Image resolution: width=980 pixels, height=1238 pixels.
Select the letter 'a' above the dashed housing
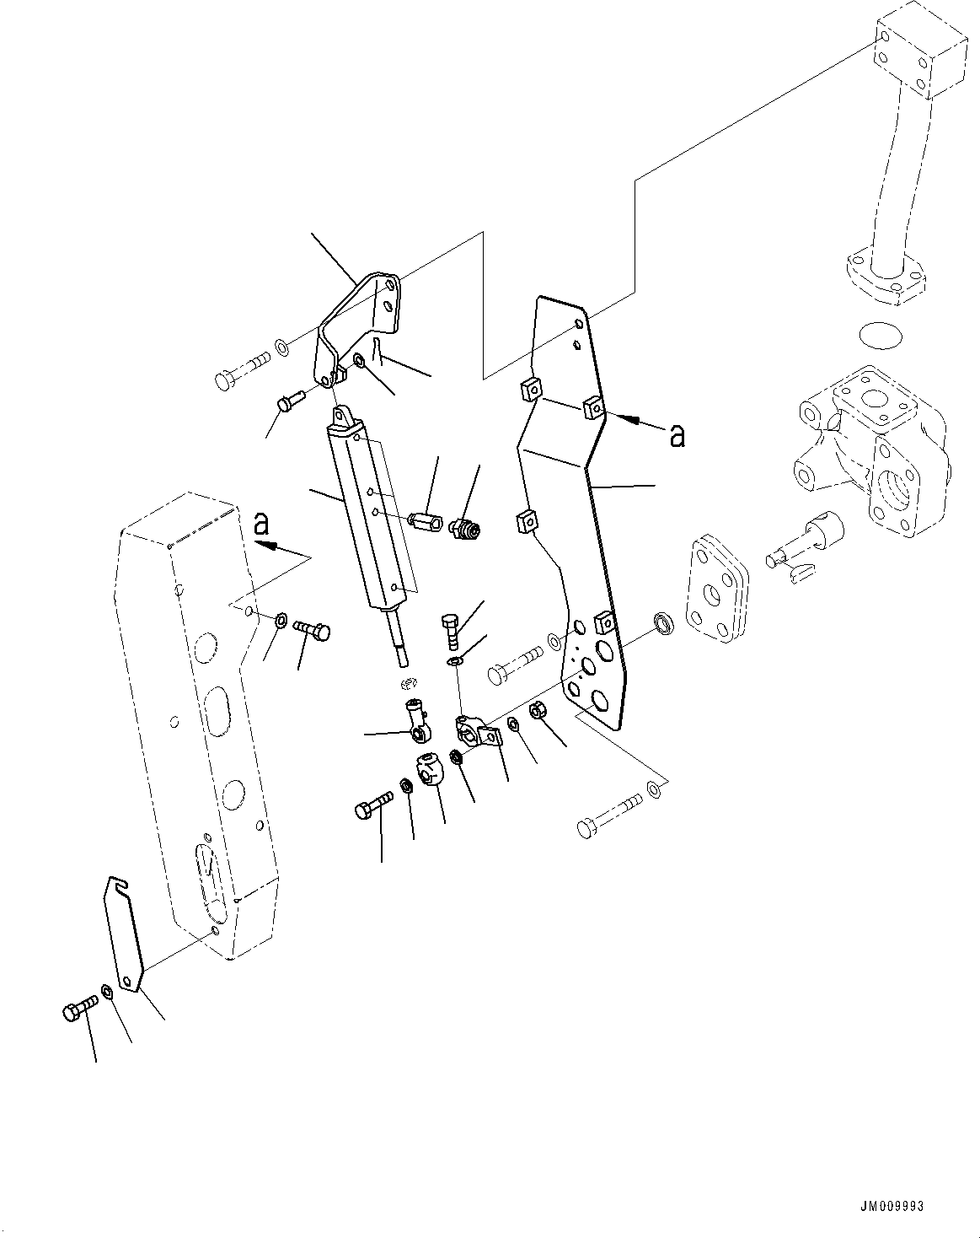[262, 525]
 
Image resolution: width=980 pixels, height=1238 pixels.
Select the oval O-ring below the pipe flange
[881, 335]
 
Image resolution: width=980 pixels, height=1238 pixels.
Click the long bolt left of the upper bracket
[241, 370]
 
